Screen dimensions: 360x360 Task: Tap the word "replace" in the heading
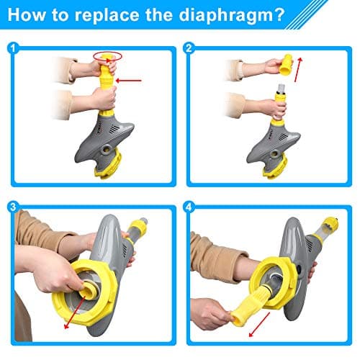pyautogui.click(x=107, y=16)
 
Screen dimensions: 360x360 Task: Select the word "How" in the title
pyautogui.click(x=27, y=14)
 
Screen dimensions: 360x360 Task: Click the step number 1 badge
pyautogui.click(x=13, y=48)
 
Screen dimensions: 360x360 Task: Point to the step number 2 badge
pyautogui.click(x=189, y=48)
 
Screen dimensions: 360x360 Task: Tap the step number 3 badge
pyautogui.click(x=13, y=207)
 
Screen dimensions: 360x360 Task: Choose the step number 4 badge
pyautogui.click(x=189, y=207)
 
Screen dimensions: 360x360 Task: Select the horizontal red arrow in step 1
pyautogui.click(x=129, y=81)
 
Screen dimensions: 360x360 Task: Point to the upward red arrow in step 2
pyautogui.click(x=298, y=69)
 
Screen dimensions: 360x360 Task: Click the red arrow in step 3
pyautogui.click(x=74, y=312)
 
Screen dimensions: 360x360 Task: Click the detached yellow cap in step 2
pyautogui.click(x=286, y=65)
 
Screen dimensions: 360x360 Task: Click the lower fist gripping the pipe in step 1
pyautogui.click(x=104, y=99)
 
